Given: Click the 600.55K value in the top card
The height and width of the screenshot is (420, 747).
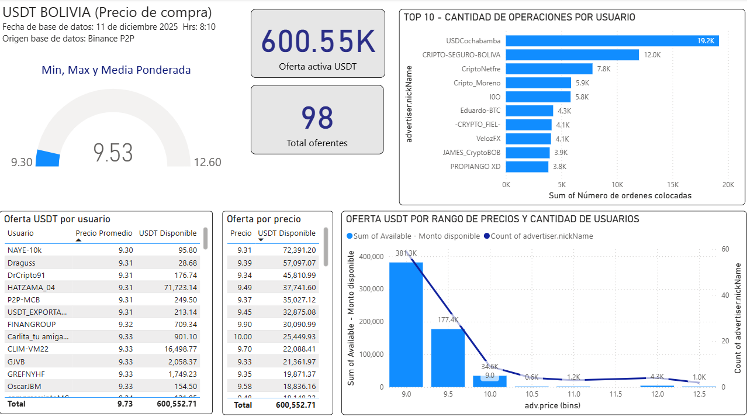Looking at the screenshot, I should pos(317,41).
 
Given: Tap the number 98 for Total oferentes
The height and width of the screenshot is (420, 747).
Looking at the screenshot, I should pos(317,117).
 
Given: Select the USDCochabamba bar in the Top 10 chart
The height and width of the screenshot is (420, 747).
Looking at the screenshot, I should pos(612,41).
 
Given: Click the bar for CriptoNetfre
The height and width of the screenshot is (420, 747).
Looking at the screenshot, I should pos(549,69).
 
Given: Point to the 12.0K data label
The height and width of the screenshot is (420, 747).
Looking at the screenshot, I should pos(652,55).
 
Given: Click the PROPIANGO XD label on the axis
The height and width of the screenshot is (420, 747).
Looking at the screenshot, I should pos(475,167).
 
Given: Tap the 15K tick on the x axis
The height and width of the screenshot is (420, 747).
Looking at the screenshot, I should pos(672,184).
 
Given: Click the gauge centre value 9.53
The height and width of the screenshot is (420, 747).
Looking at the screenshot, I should pos(113,153).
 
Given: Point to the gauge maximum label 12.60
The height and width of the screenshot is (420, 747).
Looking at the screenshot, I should pos(207,163).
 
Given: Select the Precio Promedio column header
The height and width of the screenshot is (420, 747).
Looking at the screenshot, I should pos(104,233).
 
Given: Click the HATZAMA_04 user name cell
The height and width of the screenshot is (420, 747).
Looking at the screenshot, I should pos(32,287).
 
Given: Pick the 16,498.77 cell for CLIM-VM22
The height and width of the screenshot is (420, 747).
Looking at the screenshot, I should pos(177,349).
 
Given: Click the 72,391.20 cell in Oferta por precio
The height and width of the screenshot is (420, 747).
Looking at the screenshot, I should pos(295,250).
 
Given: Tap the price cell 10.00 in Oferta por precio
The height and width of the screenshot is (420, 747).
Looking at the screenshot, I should pos(243,336).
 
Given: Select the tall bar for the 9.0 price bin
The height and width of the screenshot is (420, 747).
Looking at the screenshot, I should pos(406,324).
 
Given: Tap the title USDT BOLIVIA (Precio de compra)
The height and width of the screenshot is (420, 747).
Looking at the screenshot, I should pos(108,12).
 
